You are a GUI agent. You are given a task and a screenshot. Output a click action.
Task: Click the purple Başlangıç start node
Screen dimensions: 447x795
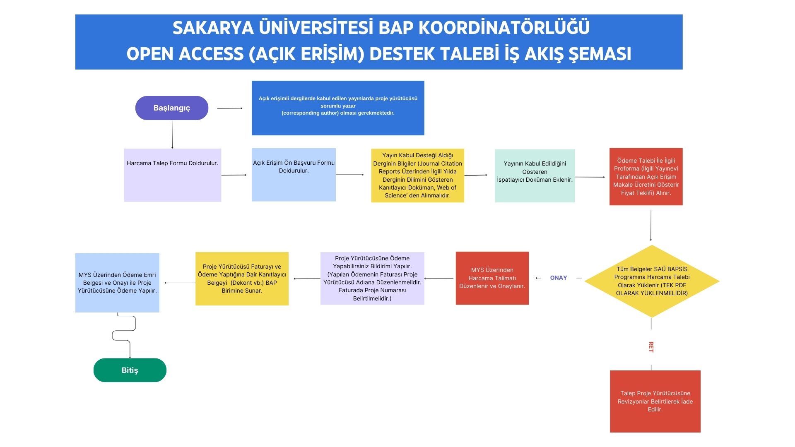pyautogui.click(x=171, y=108)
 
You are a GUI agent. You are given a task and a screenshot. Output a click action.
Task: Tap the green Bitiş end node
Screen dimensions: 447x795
pyautogui.click(x=130, y=370)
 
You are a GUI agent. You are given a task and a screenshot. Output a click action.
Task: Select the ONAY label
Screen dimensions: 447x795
pyautogui.click(x=558, y=278)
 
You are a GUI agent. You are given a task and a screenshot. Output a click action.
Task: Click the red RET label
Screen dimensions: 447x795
pyautogui.click(x=651, y=347)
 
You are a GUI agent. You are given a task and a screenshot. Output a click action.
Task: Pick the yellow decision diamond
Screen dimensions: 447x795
pyautogui.click(x=652, y=281)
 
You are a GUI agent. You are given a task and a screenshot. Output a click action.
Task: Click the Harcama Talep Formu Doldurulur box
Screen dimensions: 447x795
pyautogui.click(x=172, y=175)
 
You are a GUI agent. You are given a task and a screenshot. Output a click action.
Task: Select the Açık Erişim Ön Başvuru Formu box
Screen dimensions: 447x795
pyautogui.click(x=294, y=175)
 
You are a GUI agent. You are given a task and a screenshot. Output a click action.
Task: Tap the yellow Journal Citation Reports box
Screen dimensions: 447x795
pyautogui.click(x=417, y=175)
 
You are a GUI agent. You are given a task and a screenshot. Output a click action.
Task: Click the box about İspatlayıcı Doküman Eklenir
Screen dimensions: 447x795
pyautogui.click(x=535, y=176)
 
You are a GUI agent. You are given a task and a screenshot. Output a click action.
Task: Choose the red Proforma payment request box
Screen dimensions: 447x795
pyautogui.click(x=646, y=177)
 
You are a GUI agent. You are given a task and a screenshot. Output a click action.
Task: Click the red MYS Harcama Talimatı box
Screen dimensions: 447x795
pyautogui.click(x=492, y=278)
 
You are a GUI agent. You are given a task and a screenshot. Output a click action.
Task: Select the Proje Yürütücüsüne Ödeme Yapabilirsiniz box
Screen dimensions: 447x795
pyautogui.click(x=372, y=278)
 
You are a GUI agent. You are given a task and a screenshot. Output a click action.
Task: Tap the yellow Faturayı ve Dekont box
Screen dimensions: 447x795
pyautogui.click(x=242, y=279)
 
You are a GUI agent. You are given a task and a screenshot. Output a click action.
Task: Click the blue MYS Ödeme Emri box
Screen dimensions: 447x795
pyautogui.click(x=117, y=283)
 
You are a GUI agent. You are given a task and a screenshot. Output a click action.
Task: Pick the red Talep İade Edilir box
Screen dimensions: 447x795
pyautogui.click(x=655, y=401)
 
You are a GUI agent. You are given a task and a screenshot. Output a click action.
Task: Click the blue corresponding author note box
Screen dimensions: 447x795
pyautogui.click(x=338, y=108)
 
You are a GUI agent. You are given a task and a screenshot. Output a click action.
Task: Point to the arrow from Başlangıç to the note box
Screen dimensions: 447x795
pyautogui.click(x=229, y=108)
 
